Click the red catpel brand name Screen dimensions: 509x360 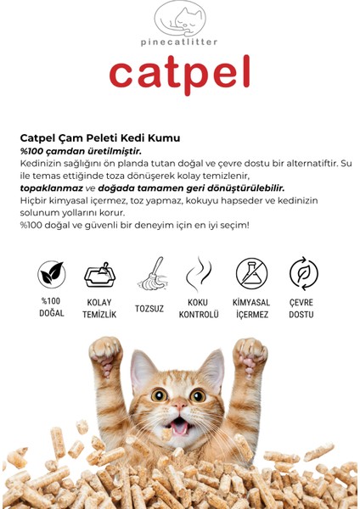point(179,74)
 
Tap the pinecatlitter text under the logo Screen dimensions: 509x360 point(179,41)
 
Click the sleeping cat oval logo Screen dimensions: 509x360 point(180,18)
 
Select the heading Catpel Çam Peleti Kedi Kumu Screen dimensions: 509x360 point(99,137)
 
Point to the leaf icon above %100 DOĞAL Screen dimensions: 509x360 point(51,274)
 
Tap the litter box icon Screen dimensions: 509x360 point(100,275)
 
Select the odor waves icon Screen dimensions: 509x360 point(200,274)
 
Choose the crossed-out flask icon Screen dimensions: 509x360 point(251,274)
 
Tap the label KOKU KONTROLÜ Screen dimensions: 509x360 point(200,308)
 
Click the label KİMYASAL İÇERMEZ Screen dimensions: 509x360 point(251,308)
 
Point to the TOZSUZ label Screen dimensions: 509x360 point(150,308)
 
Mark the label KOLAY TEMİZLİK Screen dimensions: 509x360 point(100,308)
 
